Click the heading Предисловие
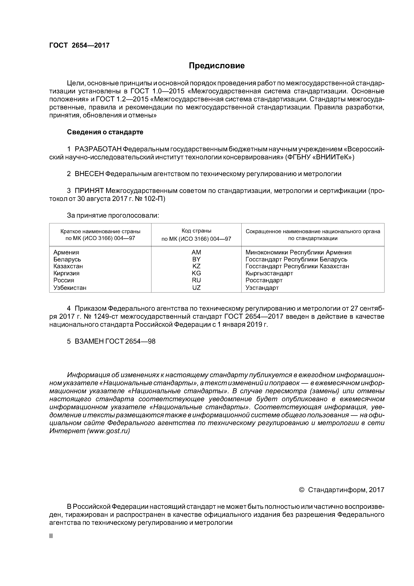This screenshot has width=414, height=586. click(x=217, y=66)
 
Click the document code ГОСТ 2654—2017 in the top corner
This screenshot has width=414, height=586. click(x=79, y=45)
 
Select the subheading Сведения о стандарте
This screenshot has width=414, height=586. click(x=105, y=132)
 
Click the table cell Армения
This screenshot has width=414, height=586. click(x=66, y=252)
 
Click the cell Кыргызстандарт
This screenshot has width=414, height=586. click(x=269, y=273)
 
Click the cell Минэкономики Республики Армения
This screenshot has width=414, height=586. click(x=298, y=252)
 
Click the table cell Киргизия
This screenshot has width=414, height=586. click(x=66, y=273)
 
